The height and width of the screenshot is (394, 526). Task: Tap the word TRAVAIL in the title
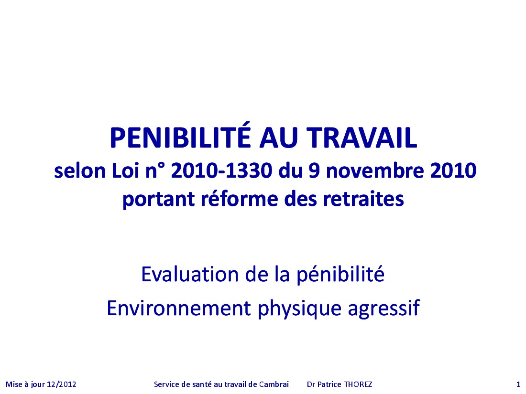(x=362, y=138)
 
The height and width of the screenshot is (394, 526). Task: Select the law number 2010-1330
(x=221, y=171)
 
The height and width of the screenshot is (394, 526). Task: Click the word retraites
(x=363, y=199)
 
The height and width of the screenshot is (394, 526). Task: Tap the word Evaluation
(x=190, y=274)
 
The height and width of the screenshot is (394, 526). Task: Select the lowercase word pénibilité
(x=340, y=275)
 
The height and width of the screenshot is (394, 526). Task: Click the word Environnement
(x=179, y=308)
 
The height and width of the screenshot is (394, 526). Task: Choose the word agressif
(x=384, y=308)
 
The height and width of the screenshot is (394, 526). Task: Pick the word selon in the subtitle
(x=80, y=171)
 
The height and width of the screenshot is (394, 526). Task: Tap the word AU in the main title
(x=278, y=138)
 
